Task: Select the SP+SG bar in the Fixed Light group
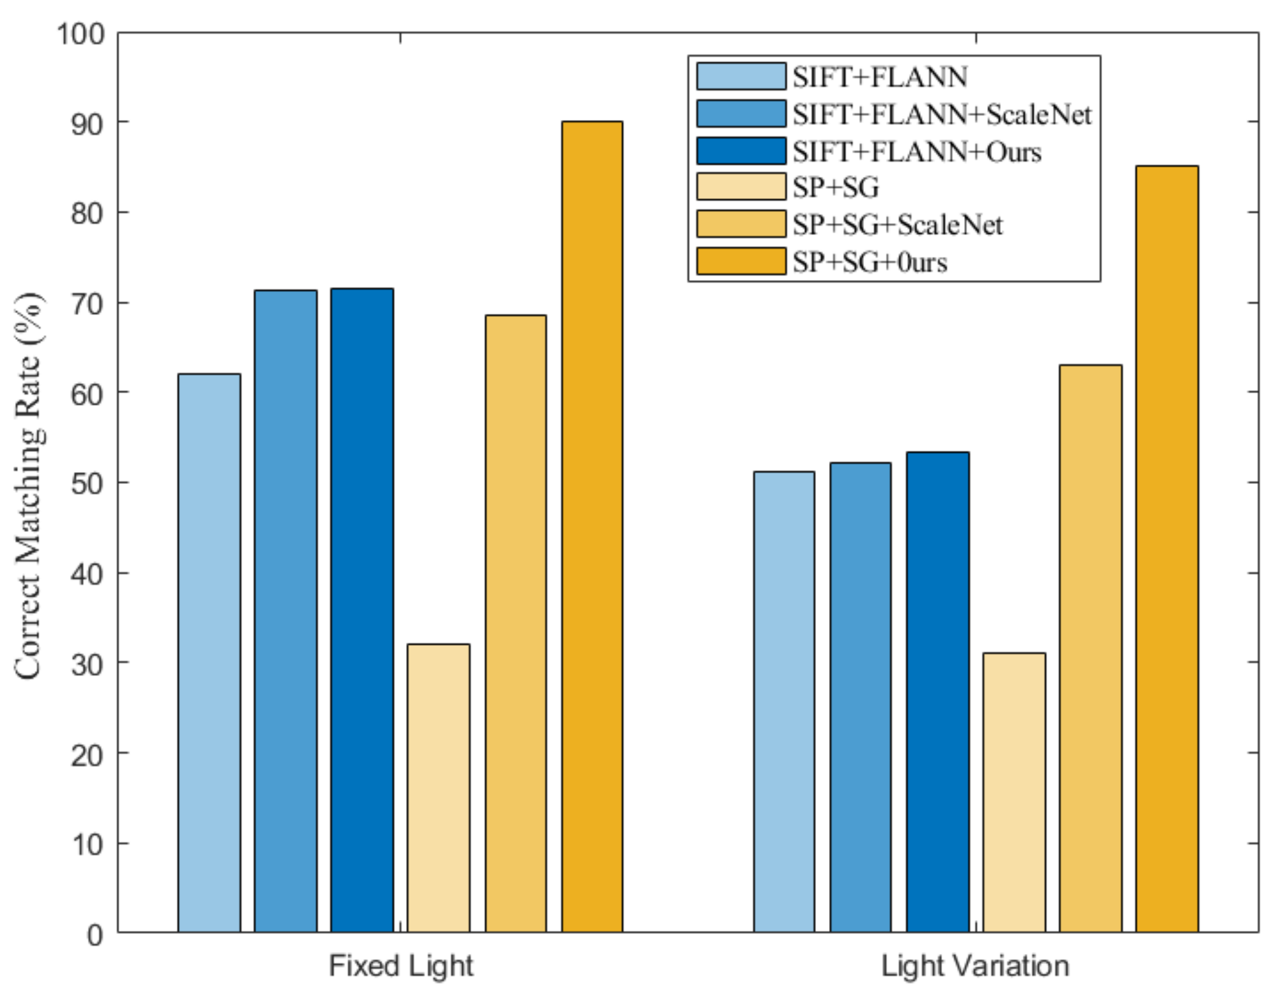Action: (x=438, y=788)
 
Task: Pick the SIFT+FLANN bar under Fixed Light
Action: (x=209, y=653)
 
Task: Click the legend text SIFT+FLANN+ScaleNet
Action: (x=942, y=114)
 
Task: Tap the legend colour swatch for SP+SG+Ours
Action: (x=741, y=261)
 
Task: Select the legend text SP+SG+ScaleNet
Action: (x=897, y=225)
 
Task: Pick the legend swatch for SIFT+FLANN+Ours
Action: (x=741, y=151)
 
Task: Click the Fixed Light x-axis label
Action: (x=401, y=966)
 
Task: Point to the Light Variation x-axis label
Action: (x=975, y=966)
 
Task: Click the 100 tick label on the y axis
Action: (x=81, y=34)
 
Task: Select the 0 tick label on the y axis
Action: (x=95, y=935)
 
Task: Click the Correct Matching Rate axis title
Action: (x=29, y=486)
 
